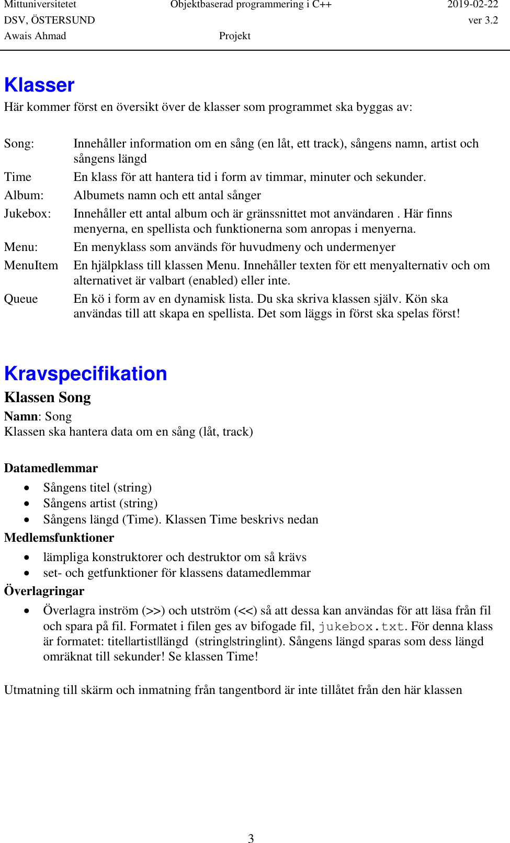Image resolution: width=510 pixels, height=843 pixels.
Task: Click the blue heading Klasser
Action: pyautogui.click(x=39, y=85)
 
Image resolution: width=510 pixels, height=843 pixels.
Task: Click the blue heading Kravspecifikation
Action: pyautogui.click(x=85, y=374)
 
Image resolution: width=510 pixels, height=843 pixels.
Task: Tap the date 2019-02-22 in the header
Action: pyautogui.click(x=472, y=5)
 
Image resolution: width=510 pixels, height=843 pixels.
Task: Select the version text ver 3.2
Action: pyautogui.click(x=483, y=20)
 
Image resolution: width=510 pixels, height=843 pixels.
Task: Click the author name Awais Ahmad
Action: pyautogui.click(x=35, y=36)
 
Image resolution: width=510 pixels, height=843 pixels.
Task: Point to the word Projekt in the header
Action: pyautogui.click(x=234, y=36)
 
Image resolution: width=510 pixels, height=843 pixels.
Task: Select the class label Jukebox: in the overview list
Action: pyautogui.click(x=27, y=214)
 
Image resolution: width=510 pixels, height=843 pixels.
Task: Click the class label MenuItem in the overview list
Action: pyautogui.click(x=31, y=266)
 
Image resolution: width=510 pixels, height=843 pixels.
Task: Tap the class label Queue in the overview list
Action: pyautogui.click(x=21, y=299)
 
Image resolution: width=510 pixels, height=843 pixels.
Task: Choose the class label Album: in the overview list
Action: pyautogui.click(x=24, y=196)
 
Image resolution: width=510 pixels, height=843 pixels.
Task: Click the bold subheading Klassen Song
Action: pyautogui.click(x=47, y=397)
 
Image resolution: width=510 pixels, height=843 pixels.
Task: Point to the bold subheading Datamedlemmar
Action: pyautogui.click(x=51, y=468)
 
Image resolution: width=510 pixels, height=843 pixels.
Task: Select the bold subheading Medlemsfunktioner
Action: pyautogui.click(x=59, y=538)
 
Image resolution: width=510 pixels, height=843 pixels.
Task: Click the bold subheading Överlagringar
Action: pyautogui.click(x=44, y=591)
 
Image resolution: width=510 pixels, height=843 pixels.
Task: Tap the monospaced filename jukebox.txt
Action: pyautogui.click(x=361, y=626)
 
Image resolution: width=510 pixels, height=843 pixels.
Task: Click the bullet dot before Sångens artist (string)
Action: pyautogui.click(x=27, y=504)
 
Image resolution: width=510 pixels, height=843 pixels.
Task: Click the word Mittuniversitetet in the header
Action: pyautogui.click(x=40, y=5)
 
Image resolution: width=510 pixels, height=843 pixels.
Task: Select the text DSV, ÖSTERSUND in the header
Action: pyautogui.click(x=49, y=20)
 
